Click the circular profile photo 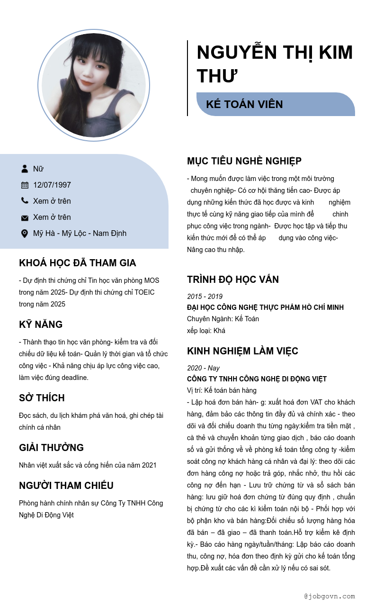tap(94, 85)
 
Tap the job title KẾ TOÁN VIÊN tap(244, 104)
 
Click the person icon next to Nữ tap(25, 169)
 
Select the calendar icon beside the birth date tap(25, 185)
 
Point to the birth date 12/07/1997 tap(52, 185)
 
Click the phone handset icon tap(25, 201)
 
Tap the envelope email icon tap(25, 217)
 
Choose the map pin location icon tap(25, 233)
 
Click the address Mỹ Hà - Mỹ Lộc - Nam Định tap(80, 233)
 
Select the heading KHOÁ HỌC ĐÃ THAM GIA tap(78, 263)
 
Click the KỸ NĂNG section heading tap(41, 325)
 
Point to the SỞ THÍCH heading tap(42, 398)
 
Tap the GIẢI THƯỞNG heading tap(51, 448)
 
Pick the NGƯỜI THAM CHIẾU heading tap(66, 486)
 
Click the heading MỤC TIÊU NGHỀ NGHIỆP tap(244, 161)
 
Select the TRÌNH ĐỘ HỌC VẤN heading tap(233, 280)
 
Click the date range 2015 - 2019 tap(205, 297)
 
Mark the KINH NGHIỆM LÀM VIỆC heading tap(242, 351)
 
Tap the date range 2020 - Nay tap(203, 368)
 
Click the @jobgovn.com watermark tap(329, 596)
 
